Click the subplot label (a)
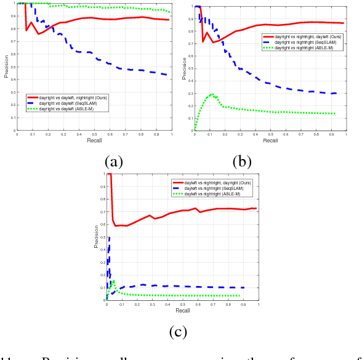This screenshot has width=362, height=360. (115, 162)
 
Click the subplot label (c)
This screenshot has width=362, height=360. (177, 332)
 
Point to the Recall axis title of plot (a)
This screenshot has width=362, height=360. (94, 141)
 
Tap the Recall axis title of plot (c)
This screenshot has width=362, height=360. (182, 311)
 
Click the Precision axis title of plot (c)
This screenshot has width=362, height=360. (96, 238)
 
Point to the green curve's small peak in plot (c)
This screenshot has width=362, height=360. (113, 280)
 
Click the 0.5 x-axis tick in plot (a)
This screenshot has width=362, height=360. (94, 134)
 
